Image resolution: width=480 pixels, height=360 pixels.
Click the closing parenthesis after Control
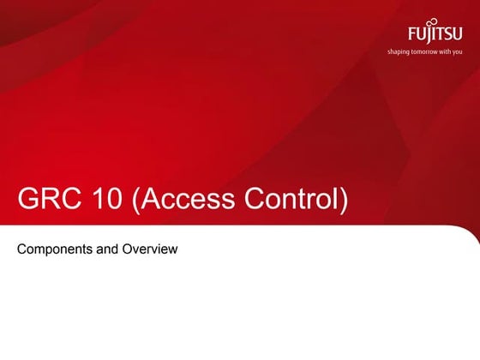tap(345, 201)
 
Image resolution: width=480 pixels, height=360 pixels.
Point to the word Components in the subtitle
tap(53, 249)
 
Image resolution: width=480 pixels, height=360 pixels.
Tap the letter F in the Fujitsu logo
tap(411, 36)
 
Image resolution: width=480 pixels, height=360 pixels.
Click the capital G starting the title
tap(28, 199)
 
